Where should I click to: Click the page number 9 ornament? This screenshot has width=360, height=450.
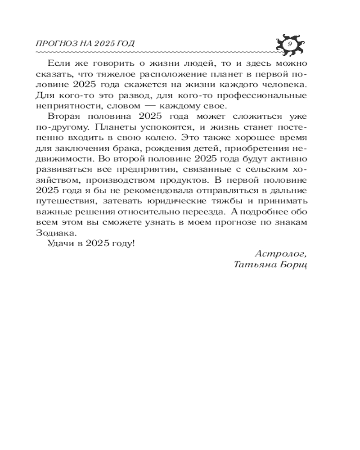tap(289, 44)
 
